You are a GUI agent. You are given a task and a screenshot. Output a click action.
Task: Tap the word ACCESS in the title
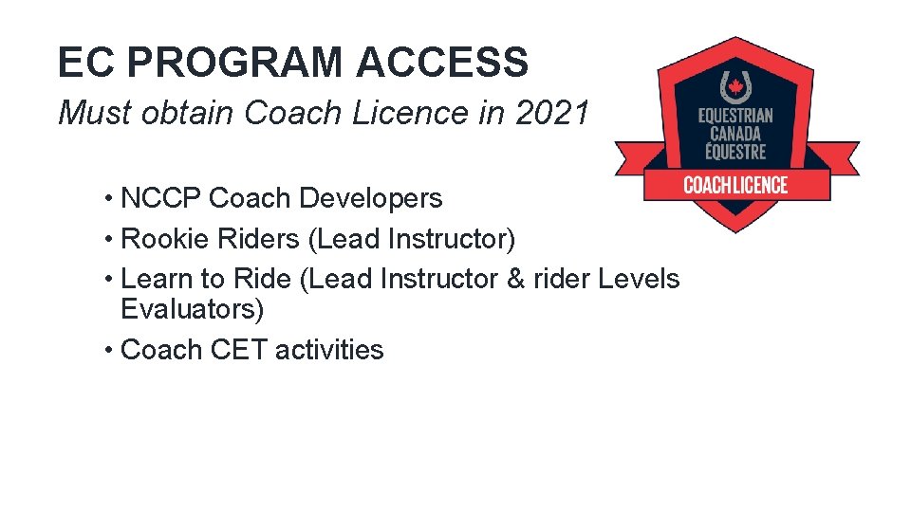(x=442, y=63)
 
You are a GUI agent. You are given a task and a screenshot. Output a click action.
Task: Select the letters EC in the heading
(x=85, y=63)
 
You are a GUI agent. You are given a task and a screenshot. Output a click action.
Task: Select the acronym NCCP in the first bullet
(x=161, y=198)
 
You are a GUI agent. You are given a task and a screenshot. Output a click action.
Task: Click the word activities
(x=329, y=350)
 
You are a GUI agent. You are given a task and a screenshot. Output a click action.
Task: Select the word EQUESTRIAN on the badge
(x=735, y=117)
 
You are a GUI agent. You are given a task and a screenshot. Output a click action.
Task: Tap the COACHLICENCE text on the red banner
(x=735, y=185)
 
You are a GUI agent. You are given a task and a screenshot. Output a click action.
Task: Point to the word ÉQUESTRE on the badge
(x=735, y=151)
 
